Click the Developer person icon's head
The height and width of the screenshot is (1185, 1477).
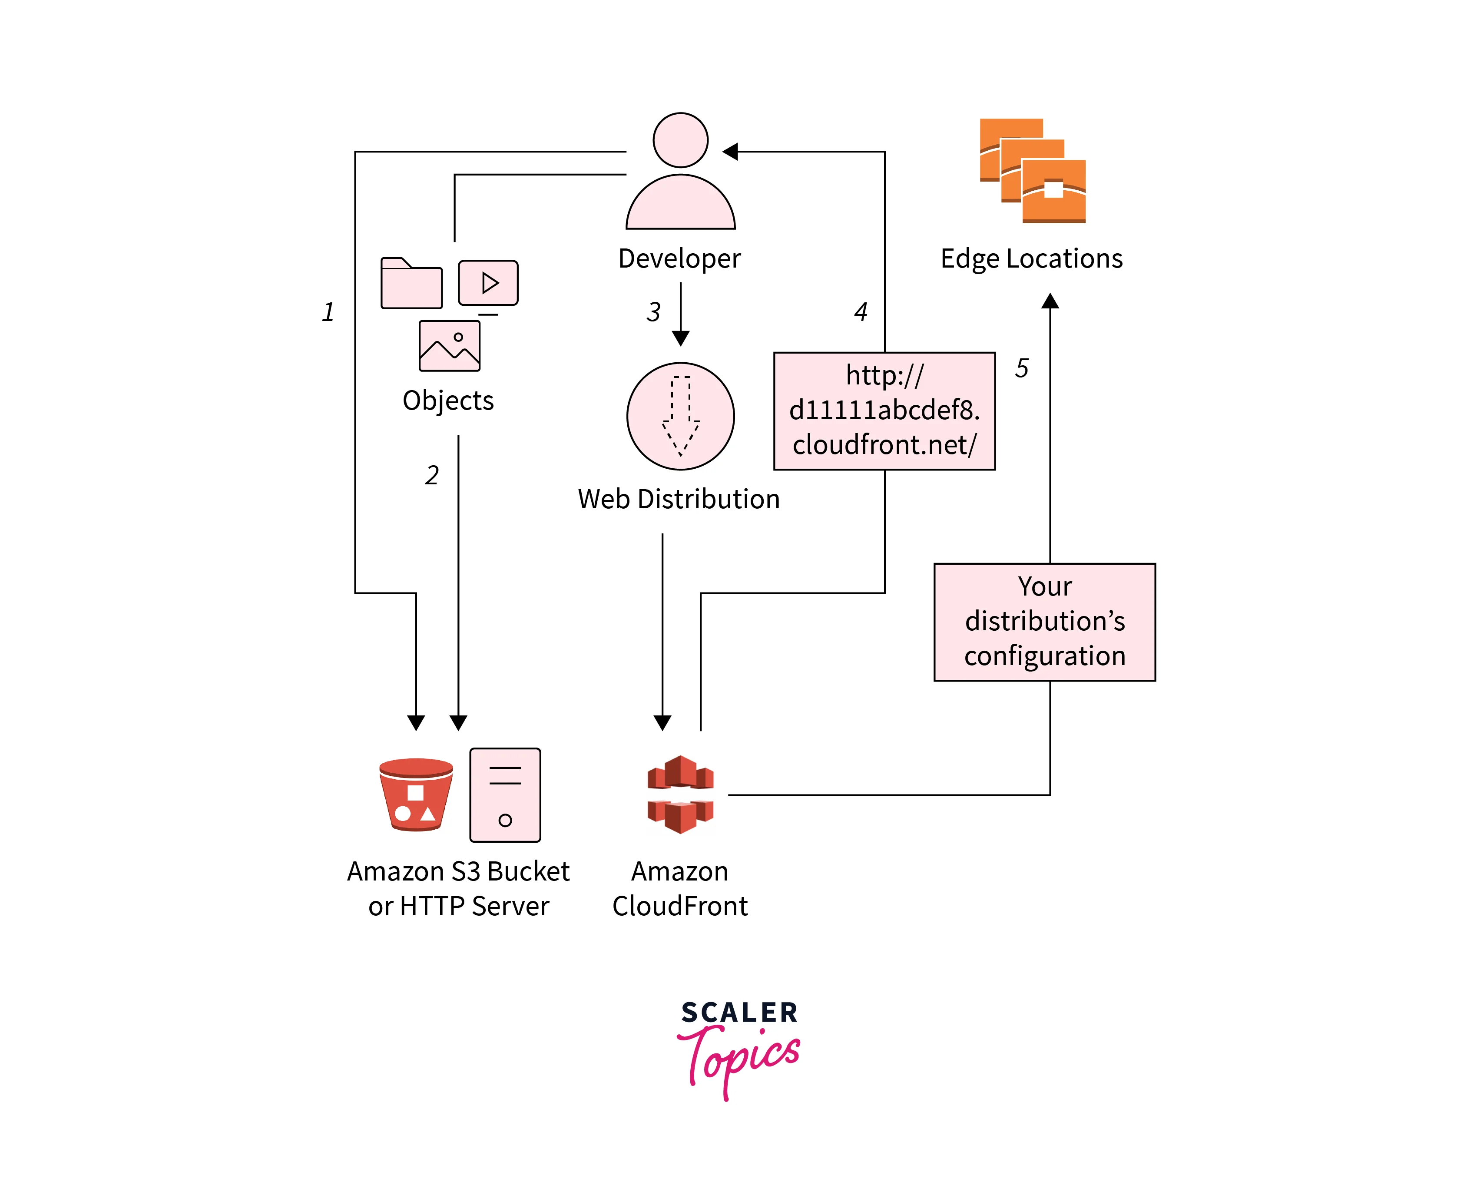coord(680,140)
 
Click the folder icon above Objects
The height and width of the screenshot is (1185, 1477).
coord(411,284)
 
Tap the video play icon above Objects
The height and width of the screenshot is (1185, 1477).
coord(488,283)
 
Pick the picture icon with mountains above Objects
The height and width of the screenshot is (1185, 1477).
coord(450,346)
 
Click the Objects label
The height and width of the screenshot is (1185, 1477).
coord(448,401)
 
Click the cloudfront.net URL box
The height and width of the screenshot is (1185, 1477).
coord(884,411)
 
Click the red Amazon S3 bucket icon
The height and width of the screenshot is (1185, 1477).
coord(416,794)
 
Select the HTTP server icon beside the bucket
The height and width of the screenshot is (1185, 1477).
coord(505,794)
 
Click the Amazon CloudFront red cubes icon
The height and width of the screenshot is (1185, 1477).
coord(680,794)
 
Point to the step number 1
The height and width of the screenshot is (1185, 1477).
coord(328,312)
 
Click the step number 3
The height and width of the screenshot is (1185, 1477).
coord(653,312)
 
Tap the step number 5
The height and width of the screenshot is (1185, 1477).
coord(1021,368)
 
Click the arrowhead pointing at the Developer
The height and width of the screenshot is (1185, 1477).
coord(730,151)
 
